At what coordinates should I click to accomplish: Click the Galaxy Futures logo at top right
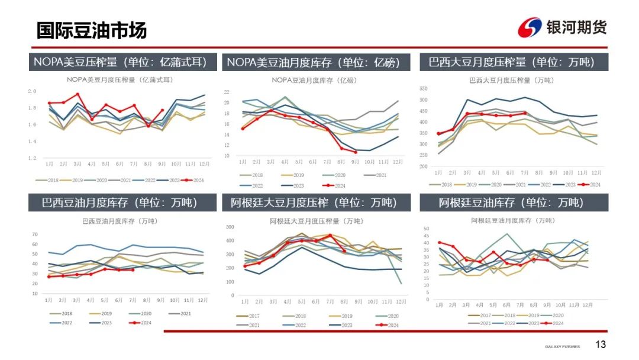562,27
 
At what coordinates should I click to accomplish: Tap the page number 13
601,345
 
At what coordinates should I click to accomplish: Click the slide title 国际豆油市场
91,30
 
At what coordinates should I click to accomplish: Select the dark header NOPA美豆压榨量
121,62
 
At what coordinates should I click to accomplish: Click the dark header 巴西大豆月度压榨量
512,62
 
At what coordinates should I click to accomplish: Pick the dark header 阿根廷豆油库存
512,202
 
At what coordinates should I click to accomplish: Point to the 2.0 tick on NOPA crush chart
33,91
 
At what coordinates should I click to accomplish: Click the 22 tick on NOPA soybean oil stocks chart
227,92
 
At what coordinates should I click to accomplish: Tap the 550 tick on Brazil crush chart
423,89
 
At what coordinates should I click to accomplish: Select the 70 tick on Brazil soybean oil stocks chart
34,234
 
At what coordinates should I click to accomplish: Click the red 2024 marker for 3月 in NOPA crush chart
78,94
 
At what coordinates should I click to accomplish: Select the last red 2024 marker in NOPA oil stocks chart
356,152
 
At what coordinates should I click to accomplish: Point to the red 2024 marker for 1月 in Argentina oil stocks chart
439,243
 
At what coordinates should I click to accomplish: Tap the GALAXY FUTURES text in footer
562,346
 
